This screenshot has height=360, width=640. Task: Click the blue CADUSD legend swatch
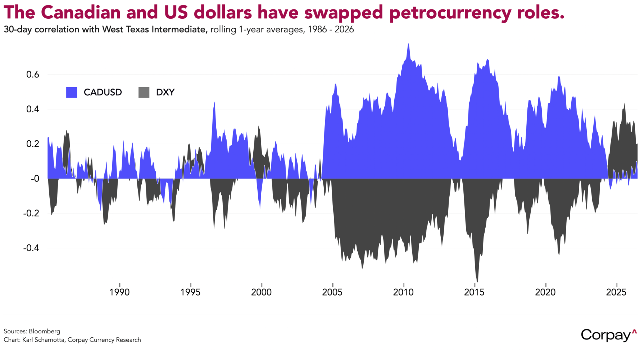pyautogui.click(x=72, y=93)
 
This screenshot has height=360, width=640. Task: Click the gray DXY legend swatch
pyautogui.click(x=144, y=93)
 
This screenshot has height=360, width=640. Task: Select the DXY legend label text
pyautogui.click(x=165, y=93)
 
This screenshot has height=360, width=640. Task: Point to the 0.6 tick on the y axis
pyautogui.click(x=32, y=75)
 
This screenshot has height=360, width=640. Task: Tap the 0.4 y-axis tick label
pyautogui.click(x=32, y=109)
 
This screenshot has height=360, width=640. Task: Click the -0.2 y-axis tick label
pyautogui.click(x=31, y=213)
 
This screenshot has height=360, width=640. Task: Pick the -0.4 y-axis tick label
pyautogui.click(x=31, y=248)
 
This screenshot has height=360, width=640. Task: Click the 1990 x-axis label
pyautogui.click(x=119, y=292)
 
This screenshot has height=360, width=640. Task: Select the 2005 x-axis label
pyautogui.click(x=332, y=292)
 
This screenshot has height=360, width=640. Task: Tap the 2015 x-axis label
pyautogui.click(x=474, y=292)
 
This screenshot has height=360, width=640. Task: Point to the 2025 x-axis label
pyautogui.click(x=616, y=292)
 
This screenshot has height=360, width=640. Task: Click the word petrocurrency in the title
pyautogui.click(x=450, y=13)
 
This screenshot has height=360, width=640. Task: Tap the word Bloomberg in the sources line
pyautogui.click(x=44, y=331)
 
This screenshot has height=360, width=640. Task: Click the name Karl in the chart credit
pyautogui.click(x=28, y=340)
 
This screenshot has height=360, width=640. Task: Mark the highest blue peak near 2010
pyautogui.click(x=408, y=44)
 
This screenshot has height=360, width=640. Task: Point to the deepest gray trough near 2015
pyautogui.click(x=477, y=282)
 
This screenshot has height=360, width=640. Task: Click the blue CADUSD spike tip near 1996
pyautogui.click(x=214, y=103)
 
